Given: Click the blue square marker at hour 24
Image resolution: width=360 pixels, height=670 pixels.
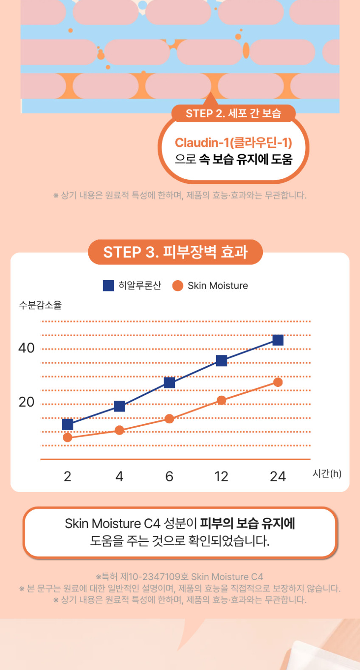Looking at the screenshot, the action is point(278,340).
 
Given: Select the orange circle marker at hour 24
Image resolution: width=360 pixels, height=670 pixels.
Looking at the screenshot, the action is point(278,382).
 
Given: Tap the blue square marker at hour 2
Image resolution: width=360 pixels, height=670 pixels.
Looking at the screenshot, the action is point(67,424).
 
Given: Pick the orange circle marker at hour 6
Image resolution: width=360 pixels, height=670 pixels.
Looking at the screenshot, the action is point(169,419).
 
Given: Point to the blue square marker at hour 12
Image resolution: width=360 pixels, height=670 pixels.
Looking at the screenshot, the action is point(221,361).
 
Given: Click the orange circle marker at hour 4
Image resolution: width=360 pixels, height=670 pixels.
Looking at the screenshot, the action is point(119,430).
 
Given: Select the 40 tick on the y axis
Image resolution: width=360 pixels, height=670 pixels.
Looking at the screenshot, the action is point(26,348).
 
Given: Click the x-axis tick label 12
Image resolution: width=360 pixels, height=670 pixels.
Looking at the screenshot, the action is point(221,476).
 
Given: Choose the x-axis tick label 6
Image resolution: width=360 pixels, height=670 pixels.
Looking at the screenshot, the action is point(169,476).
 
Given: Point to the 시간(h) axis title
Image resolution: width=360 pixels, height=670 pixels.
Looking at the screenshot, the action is point(327,473).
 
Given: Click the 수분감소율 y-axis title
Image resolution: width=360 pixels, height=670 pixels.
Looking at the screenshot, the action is point(40,305).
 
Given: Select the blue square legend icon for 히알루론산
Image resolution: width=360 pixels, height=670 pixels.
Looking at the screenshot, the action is point(108,286).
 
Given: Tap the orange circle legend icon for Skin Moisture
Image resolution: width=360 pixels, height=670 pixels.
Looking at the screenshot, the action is point(177,286).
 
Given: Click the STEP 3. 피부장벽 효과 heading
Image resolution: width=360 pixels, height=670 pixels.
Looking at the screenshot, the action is point(175,252).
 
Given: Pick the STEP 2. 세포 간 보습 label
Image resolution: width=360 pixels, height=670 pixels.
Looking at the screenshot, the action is point(233,114).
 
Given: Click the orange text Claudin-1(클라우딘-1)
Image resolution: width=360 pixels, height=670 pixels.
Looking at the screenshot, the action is point(233,142).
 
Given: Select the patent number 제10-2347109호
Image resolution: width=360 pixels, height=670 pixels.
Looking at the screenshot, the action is point(154,577).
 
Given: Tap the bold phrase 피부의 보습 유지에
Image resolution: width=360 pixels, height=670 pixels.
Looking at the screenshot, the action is point(247,524).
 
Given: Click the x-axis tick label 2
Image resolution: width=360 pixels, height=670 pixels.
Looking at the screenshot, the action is point(67,476).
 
